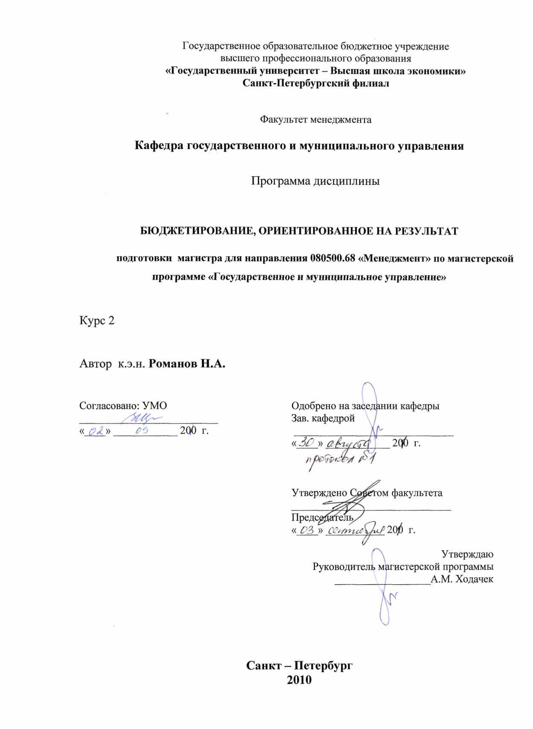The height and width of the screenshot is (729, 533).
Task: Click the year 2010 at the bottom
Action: point(300,679)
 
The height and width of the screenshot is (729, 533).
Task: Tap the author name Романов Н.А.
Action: point(188,364)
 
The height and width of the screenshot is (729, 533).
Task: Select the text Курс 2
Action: point(97,321)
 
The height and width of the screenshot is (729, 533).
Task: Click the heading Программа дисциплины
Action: point(315,181)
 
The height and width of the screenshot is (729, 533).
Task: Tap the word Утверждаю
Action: point(467,554)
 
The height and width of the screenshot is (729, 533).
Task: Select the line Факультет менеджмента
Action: point(316,120)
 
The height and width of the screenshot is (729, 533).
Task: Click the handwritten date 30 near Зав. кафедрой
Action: point(307,443)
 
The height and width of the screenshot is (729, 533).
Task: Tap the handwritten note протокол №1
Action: point(340,460)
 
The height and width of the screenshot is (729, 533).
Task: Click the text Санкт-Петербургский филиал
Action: point(316,83)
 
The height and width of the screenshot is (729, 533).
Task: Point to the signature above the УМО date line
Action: point(142,417)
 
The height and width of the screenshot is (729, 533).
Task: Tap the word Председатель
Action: point(322,517)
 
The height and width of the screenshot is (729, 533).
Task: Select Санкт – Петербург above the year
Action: point(300,666)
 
